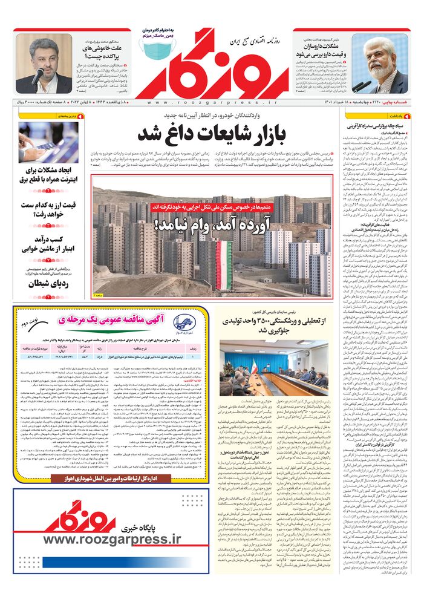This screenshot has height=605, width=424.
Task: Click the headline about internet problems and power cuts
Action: pos(48,174)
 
